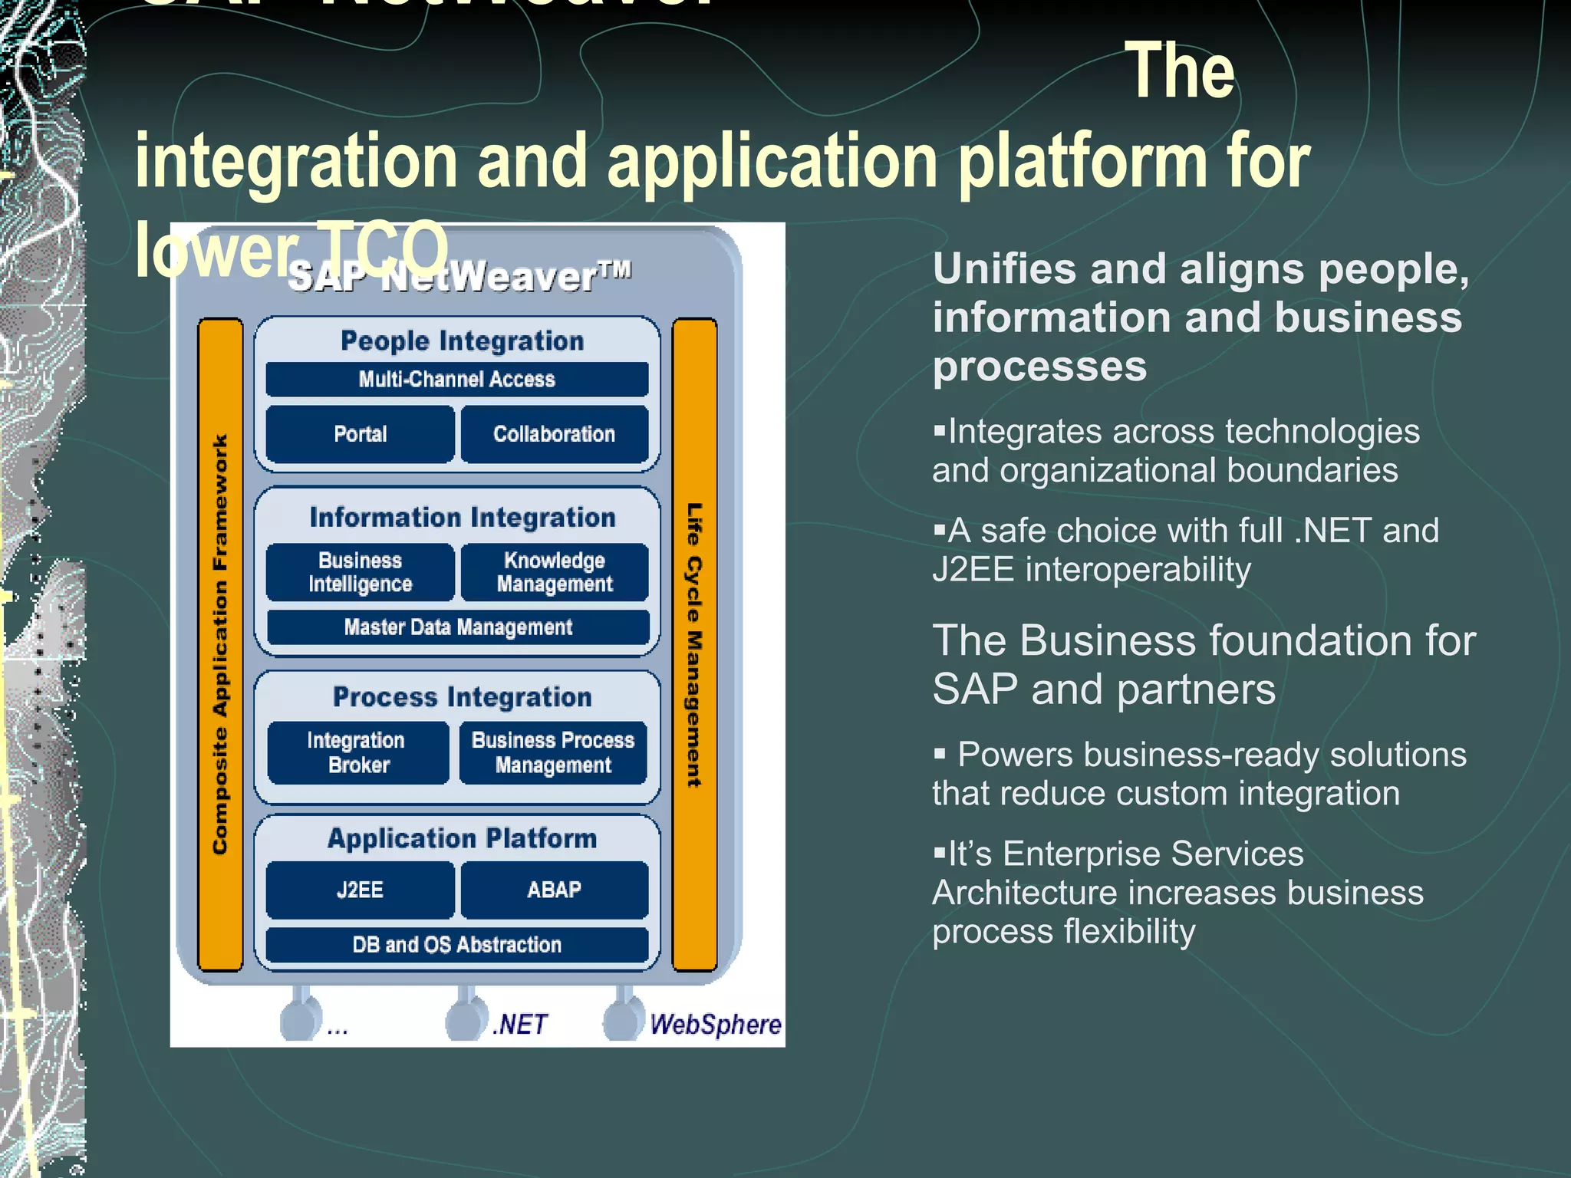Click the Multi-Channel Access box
456,379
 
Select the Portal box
360,434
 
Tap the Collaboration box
554,434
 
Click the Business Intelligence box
360,572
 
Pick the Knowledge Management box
554,572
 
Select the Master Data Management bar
457,627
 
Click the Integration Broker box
357,752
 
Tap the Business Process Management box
553,752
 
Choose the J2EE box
360,890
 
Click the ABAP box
554,890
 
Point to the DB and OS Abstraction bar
456,944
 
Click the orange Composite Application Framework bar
220,644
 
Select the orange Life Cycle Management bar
694,644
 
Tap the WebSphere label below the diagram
715,1025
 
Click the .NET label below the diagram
520,1025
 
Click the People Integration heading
462,341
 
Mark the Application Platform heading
462,838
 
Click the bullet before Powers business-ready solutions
940,754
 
